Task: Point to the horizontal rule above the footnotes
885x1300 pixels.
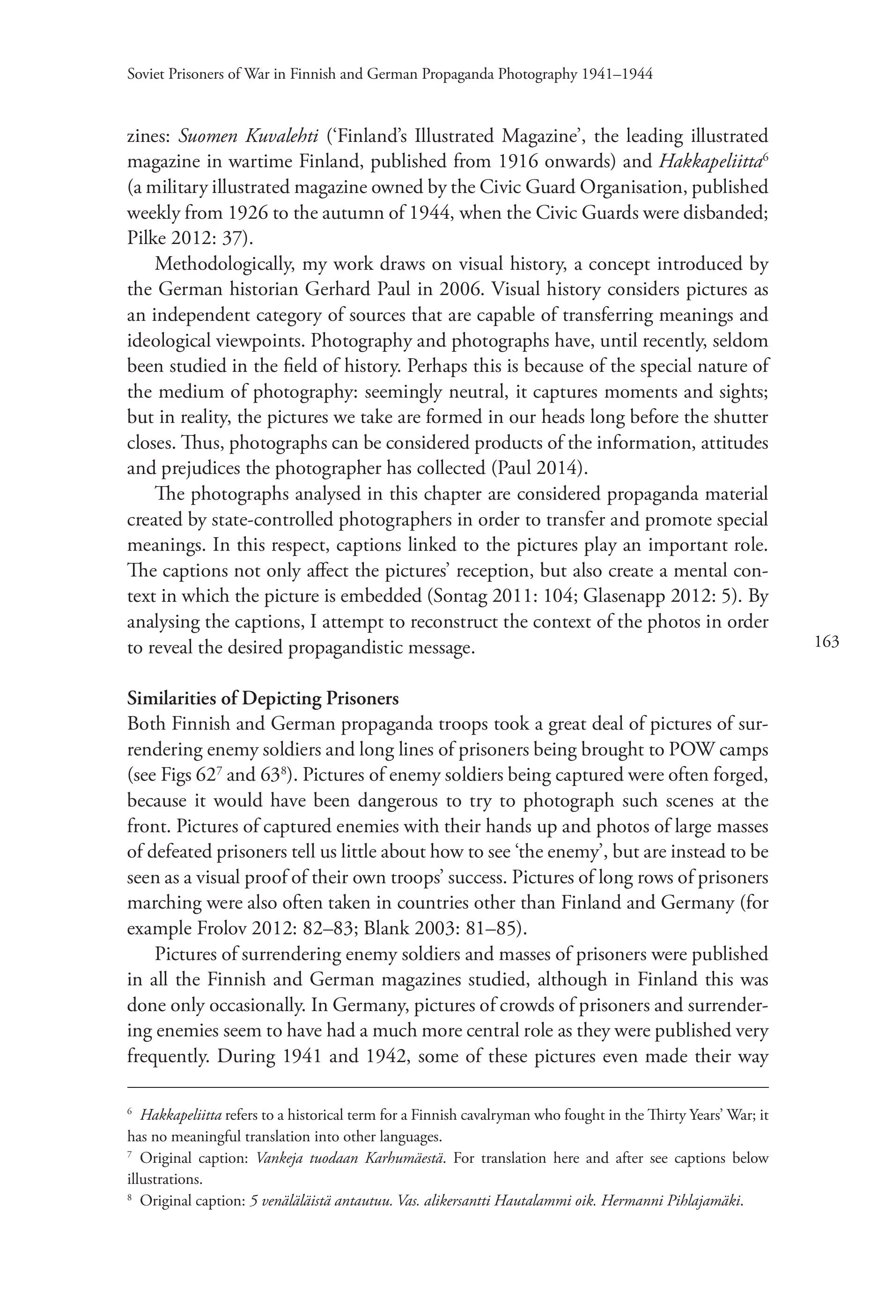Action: pyautogui.click(x=448, y=1087)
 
